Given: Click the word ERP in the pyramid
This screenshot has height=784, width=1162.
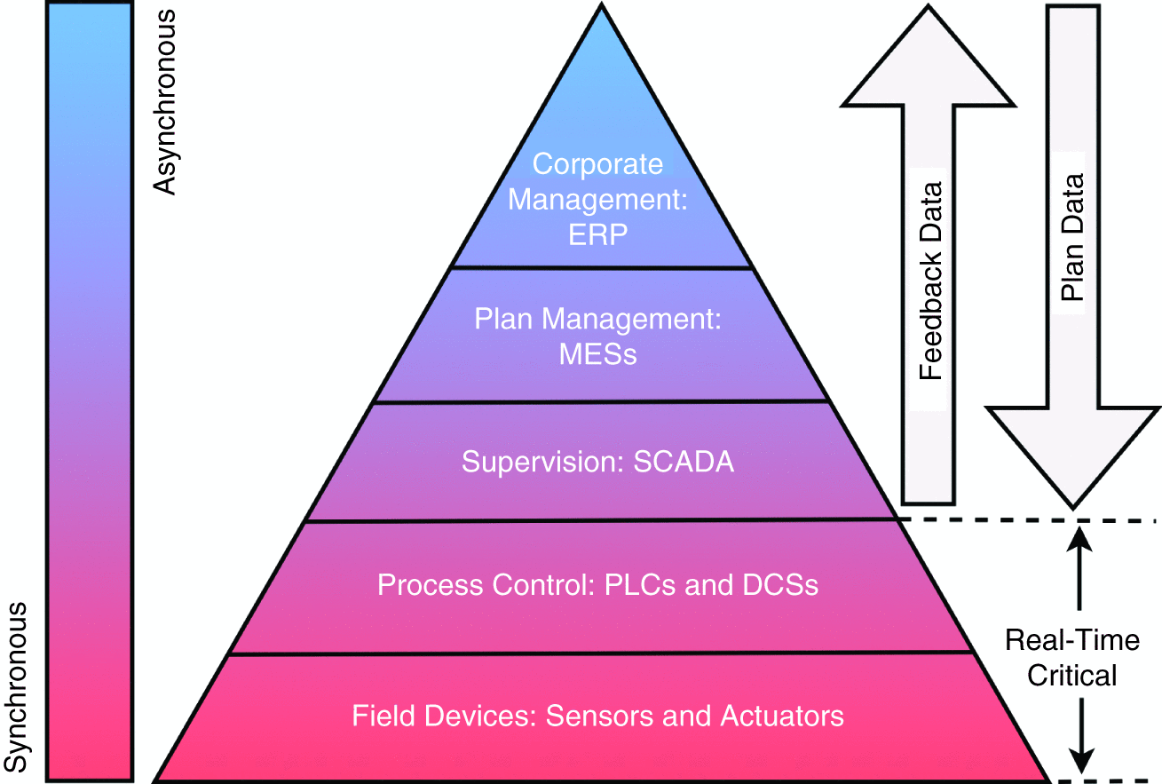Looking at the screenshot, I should click(x=597, y=236).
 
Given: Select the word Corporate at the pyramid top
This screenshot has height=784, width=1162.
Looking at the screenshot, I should click(x=597, y=164).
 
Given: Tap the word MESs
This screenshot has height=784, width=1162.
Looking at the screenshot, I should click(x=597, y=355).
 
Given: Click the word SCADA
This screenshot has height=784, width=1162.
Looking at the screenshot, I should click(x=684, y=463).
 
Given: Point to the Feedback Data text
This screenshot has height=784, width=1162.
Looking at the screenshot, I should click(x=929, y=281).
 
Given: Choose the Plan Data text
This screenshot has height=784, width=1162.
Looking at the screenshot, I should click(x=1072, y=238).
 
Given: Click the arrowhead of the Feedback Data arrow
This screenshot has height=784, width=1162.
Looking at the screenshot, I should click(x=929, y=53).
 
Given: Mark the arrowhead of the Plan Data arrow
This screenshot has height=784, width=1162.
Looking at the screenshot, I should click(x=1074, y=457).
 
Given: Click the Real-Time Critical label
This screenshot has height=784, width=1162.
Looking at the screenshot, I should click(x=1072, y=658).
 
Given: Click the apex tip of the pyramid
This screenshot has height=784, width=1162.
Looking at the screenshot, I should click(x=602, y=7).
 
